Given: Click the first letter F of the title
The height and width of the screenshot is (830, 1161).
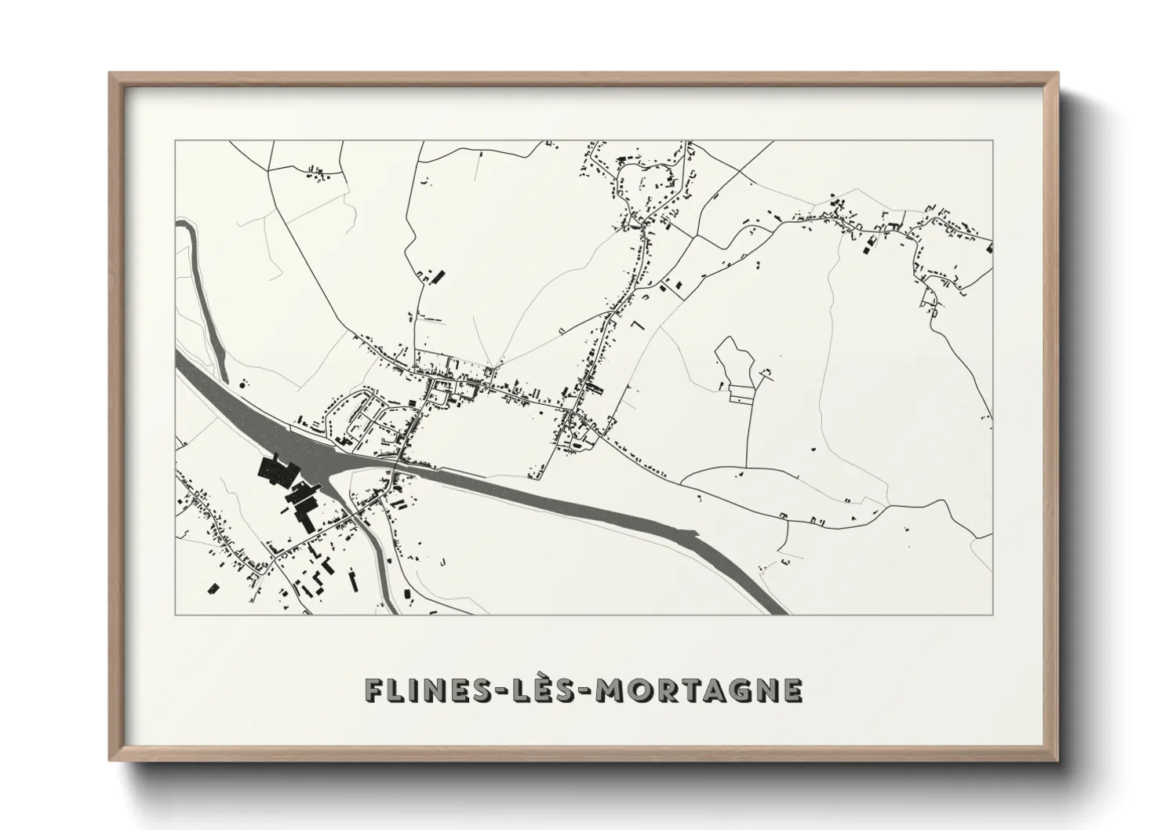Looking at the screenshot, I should click(x=373, y=690).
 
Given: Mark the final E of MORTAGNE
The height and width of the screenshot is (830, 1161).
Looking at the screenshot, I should click(x=792, y=690).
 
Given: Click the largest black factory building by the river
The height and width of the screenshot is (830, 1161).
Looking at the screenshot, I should click(x=275, y=472).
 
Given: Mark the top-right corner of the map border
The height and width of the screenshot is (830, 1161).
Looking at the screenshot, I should click(x=992, y=140).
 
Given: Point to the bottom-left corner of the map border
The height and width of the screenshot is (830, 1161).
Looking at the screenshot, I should click(x=175, y=614).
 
